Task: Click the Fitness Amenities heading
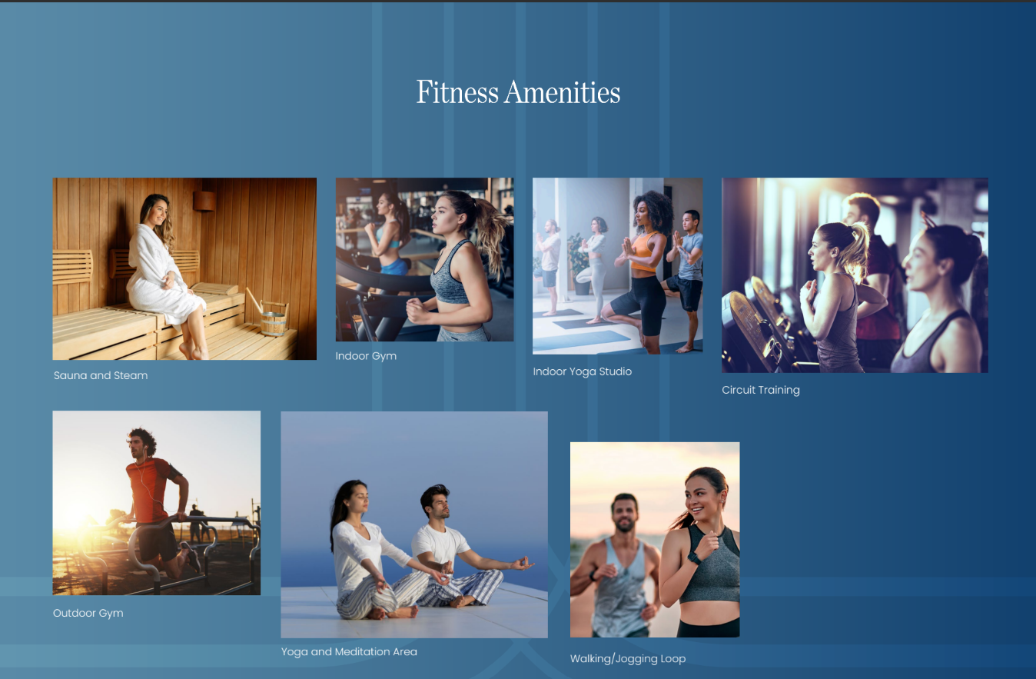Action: (x=518, y=92)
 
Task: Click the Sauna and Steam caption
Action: (x=101, y=375)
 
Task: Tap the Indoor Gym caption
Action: (x=366, y=356)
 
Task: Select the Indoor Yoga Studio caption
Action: (x=582, y=371)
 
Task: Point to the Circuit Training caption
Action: (x=761, y=390)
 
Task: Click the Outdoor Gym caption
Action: (x=88, y=613)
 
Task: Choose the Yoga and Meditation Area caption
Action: (x=349, y=651)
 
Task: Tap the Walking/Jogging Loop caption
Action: (x=628, y=659)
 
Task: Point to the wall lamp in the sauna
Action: (x=204, y=201)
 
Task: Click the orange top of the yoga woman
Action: (x=644, y=251)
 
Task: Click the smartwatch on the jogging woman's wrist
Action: (x=694, y=558)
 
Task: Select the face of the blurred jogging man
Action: (x=625, y=514)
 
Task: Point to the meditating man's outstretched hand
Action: (x=523, y=564)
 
